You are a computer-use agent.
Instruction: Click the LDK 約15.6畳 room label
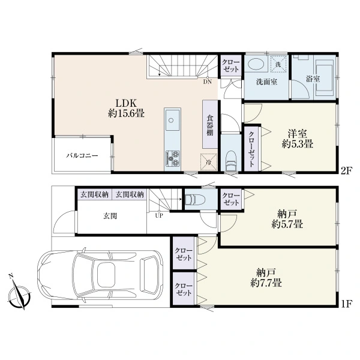pos(126,108)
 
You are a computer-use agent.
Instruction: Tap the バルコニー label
pos(82,155)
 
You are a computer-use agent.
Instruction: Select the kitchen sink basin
pos(172,120)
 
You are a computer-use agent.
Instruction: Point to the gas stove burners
pos(172,158)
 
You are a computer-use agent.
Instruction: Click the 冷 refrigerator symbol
pos(208,162)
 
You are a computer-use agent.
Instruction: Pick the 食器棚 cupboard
pos(210,124)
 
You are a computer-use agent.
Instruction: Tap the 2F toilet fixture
pos(231,161)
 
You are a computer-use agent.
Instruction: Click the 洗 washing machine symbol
pos(278,64)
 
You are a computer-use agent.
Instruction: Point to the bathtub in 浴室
pos(325,78)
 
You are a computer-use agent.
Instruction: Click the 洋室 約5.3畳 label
pos(298,139)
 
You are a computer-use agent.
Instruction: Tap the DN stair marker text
pos(208,82)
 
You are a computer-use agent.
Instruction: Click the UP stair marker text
pos(159,216)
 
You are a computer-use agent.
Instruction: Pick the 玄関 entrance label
pos(110,216)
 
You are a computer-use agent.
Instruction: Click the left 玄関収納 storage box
pos(95,194)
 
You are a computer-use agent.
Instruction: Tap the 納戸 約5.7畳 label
pos(287,219)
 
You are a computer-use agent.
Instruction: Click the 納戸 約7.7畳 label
pos(266,278)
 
